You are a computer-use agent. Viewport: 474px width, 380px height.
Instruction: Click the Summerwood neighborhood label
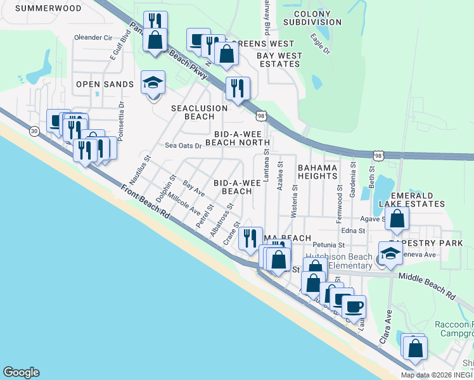click(48, 8)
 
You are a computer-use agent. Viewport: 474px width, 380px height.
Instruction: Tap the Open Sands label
click(105, 84)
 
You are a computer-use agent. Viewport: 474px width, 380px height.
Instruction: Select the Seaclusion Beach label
click(199, 112)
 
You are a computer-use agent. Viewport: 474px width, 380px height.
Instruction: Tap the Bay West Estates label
click(279, 60)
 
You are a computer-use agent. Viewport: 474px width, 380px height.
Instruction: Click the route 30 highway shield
click(34, 130)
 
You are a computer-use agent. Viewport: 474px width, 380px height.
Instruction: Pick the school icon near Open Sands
click(153, 83)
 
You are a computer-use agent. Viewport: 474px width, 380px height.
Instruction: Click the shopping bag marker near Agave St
click(397, 220)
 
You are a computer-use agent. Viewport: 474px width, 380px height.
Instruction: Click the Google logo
click(21, 373)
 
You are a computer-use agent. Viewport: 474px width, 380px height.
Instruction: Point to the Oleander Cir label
click(93, 37)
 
